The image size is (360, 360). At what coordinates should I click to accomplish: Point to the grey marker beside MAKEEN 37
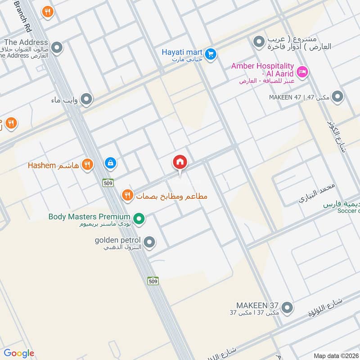[x=287, y=308]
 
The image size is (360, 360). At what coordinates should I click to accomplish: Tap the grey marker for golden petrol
[x=150, y=243]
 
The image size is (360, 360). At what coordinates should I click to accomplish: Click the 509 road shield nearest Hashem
[x=108, y=182]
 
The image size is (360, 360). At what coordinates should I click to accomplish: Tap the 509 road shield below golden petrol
[x=153, y=281]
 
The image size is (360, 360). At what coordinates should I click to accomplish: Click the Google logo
[x=19, y=353]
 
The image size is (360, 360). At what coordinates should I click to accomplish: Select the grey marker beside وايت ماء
[x=87, y=99]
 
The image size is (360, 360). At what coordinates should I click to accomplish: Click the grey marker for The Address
[x=57, y=47]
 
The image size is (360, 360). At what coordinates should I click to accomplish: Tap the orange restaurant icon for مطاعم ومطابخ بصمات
[x=127, y=195]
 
